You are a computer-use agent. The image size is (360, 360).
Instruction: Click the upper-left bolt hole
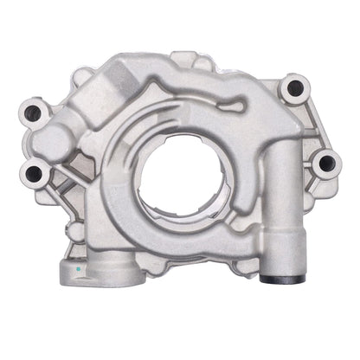[x=36, y=112]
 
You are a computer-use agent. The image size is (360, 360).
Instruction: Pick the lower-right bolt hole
[x=325, y=162]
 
